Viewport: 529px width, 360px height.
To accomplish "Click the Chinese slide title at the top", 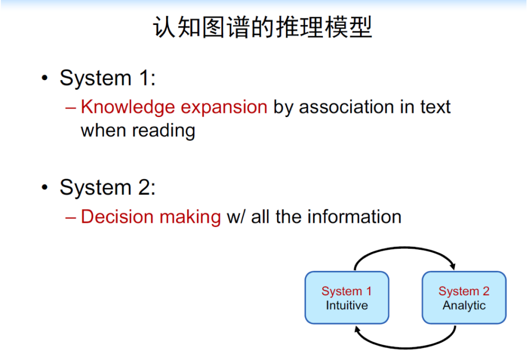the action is point(263,27).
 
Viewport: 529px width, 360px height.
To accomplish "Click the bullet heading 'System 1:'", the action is point(108,78).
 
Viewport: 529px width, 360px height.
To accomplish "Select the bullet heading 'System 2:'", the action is point(108,187).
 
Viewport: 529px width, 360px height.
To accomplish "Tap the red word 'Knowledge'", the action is point(128,107).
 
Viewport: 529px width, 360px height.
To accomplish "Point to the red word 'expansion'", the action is point(224,108).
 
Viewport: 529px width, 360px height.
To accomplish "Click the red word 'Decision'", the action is point(117,216).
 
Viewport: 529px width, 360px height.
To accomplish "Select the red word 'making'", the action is point(190,217).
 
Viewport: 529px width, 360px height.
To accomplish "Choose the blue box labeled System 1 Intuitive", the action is point(347,298).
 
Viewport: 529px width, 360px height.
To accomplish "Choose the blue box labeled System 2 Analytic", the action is point(464,298).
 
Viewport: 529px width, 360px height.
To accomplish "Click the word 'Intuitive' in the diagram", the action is point(347,305).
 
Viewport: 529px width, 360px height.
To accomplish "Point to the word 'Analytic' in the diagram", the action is point(464,306).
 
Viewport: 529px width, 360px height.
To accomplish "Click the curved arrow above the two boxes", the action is point(405,248).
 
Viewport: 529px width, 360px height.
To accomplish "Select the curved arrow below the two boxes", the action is point(405,348).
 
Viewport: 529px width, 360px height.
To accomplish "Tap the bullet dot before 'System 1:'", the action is point(45,78).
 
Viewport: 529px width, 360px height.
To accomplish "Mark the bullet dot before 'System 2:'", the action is point(45,187).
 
